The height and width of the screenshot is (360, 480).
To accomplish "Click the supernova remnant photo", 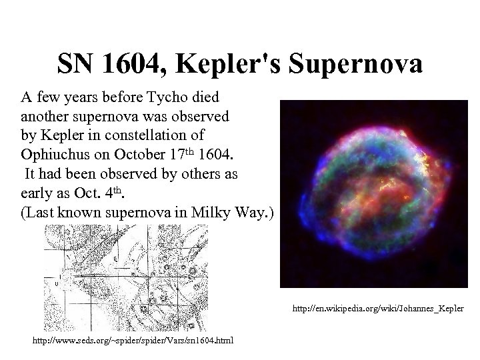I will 373,193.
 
